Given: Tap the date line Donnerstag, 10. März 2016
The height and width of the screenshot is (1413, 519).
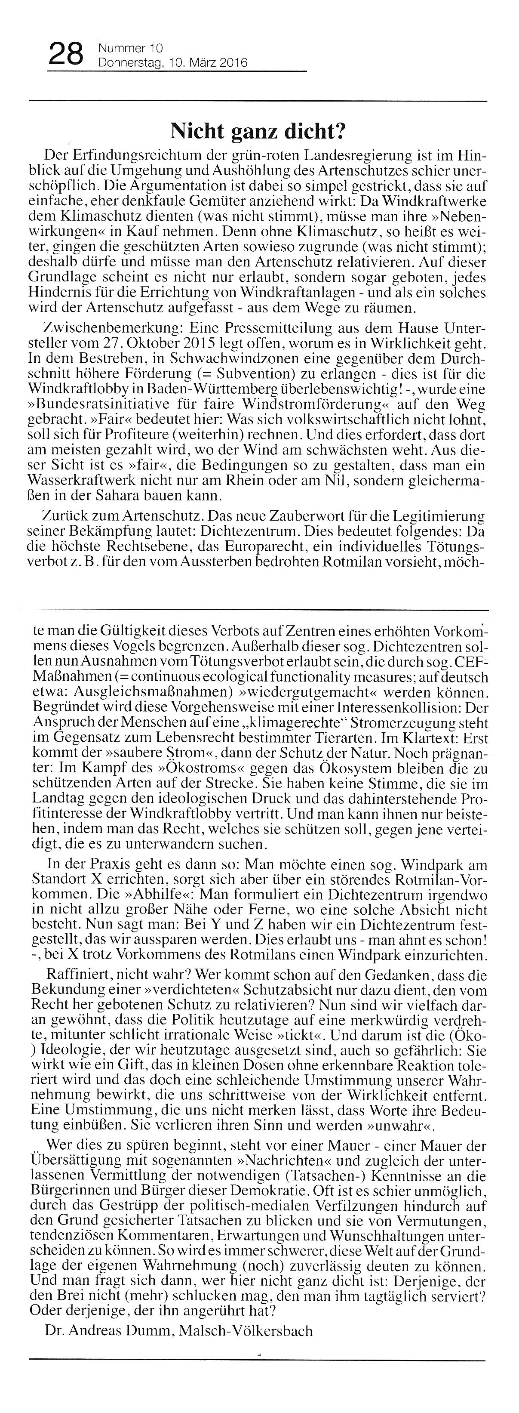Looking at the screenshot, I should pos(172,64).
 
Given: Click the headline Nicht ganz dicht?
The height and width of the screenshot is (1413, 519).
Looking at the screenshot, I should pos(259,132).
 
